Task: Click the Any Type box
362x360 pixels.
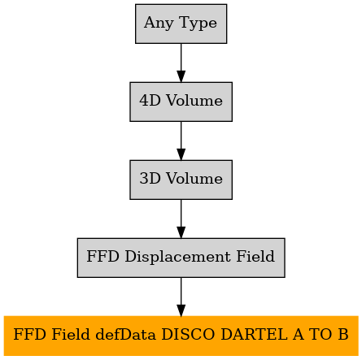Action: click(x=181, y=24)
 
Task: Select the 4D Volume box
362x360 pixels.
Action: click(x=181, y=102)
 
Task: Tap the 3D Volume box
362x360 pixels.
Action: click(x=181, y=180)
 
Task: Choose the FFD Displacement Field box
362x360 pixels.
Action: click(x=181, y=258)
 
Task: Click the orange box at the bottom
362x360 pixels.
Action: click(x=181, y=336)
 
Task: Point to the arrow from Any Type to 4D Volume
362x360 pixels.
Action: click(x=181, y=63)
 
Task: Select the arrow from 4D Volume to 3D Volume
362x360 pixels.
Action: click(x=181, y=141)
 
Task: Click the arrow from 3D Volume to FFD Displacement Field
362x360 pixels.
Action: click(x=181, y=219)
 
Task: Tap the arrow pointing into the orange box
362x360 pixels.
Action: click(x=181, y=297)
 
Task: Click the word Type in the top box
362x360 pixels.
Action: click(x=198, y=24)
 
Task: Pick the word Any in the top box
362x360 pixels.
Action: click(x=159, y=24)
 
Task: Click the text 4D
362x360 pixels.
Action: click(x=150, y=100)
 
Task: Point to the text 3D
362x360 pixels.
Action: click(x=150, y=178)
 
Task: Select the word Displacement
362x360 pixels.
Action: click(x=177, y=257)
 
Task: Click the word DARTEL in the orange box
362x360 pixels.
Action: click(x=254, y=334)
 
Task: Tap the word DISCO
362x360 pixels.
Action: click(x=189, y=334)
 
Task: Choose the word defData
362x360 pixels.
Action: click(x=126, y=334)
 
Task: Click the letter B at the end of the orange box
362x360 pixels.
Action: click(x=343, y=334)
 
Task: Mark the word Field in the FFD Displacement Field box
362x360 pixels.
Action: click(x=255, y=256)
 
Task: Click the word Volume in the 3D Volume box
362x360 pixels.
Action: click(x=194, y=178)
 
